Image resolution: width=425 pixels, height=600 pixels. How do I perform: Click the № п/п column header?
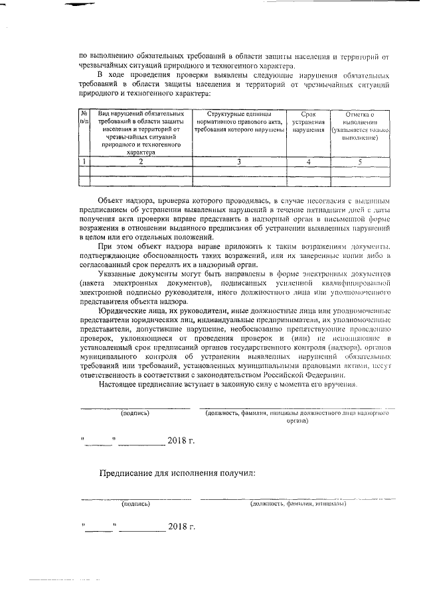coord(84,118)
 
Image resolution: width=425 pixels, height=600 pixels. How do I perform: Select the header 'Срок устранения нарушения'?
coord(308,122)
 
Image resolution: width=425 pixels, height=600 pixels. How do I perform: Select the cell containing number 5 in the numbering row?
coord(359,161)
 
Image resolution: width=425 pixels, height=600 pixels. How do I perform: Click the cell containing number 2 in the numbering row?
coord(140,161)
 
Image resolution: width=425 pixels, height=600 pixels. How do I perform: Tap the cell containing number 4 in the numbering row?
coord(308,161)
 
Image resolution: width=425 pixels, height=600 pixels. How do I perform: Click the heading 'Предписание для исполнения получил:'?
coord(177,473)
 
